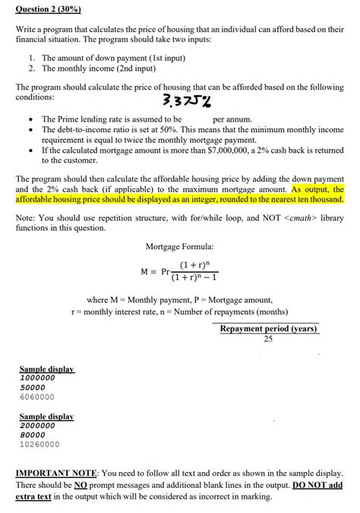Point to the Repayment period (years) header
(x=269, y=329)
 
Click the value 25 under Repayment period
(x=268, y=339)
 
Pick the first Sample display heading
(x=46, y=369)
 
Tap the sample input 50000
(x=33, y=387)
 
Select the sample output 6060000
(x=36, y=397)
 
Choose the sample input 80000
(x=33, y=435)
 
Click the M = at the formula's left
(x=148, y=271)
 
